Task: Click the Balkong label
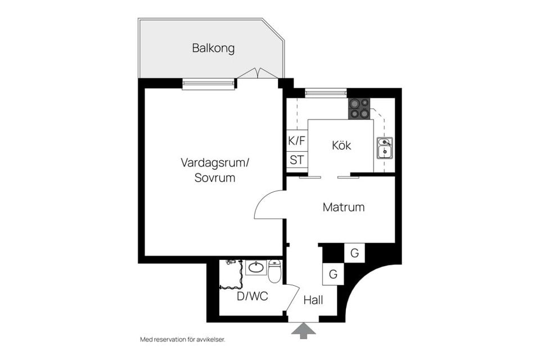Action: tap(213, 48)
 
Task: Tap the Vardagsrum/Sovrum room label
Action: tap(214, 170)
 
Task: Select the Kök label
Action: tap(341, 146)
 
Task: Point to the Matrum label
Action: tap(343, 208)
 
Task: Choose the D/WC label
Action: tap(251, 296)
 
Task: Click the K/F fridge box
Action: tap(296, 141)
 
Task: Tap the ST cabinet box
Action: tap(296, 160)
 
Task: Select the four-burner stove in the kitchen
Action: tap(359, 109)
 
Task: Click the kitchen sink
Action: tap(385, 148)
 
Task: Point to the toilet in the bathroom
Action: tap(274, 272)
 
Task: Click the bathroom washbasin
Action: tap(256, 267)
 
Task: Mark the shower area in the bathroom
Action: tap(231, 274)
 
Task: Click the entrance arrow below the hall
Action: tap(303, 331)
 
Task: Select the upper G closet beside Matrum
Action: tap(354, 254)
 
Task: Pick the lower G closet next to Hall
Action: tap(333, 274)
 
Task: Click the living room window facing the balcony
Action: tap(208, 84)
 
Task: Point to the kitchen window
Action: tap(326, 93)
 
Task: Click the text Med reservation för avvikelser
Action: tap(186, 340)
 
